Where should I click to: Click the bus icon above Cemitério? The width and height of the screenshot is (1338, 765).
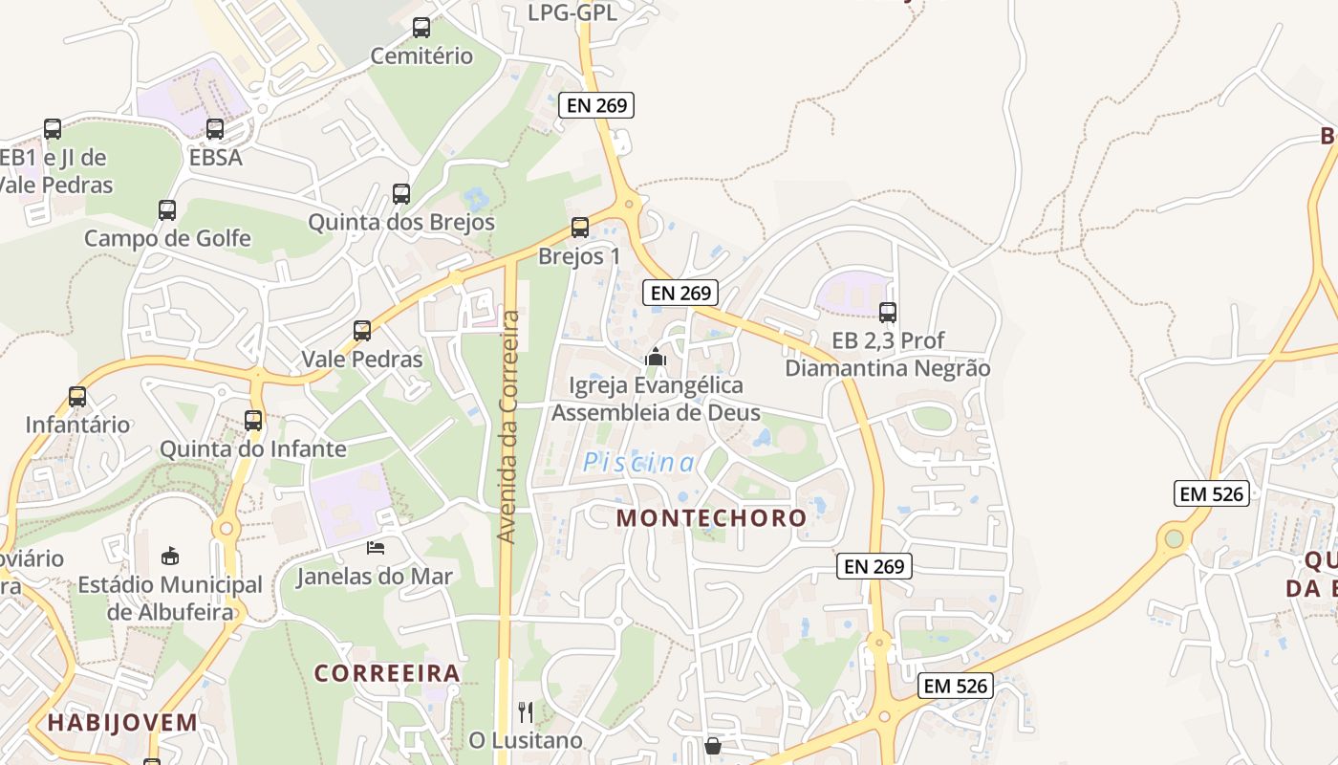(x=421, y=28)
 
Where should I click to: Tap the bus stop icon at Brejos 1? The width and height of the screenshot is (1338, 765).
(x=580, y=228)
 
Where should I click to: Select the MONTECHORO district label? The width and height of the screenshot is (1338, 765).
(x=711, y=517)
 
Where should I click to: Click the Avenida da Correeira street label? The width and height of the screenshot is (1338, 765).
(x=508, y=426)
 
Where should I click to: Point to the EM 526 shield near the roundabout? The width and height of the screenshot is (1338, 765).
(x=1211, y=493)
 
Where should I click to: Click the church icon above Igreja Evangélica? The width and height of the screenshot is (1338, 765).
(x=656, y=358)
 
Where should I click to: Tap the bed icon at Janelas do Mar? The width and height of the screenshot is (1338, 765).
(x=376, y=548)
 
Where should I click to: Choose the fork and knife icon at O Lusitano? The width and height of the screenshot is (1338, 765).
(x=525, y=711)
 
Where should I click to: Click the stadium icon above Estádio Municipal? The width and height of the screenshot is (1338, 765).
(x=170, y=556)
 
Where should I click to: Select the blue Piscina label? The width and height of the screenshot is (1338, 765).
(x=639, y=463)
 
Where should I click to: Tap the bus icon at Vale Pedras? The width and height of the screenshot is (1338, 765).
(x=362, y=331)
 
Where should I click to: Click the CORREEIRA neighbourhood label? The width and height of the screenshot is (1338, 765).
(x=387, y=673)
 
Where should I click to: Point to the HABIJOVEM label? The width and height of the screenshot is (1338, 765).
(x=122, y=722)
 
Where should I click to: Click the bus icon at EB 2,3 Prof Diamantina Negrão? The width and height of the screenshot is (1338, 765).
(x=888, y=312)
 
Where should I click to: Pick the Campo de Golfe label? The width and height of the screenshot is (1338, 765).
(x=167, y=238)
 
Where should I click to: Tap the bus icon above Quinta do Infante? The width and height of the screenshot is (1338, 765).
(x=253, y=420)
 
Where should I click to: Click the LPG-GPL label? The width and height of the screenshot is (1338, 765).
(x=572, y=12)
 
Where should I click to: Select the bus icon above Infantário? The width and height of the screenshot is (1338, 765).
(x=77, y=396)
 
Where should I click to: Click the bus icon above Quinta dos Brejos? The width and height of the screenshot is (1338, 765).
(x=401, y=194)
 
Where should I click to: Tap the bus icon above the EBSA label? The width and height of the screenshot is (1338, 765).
(x=215, y=128)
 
